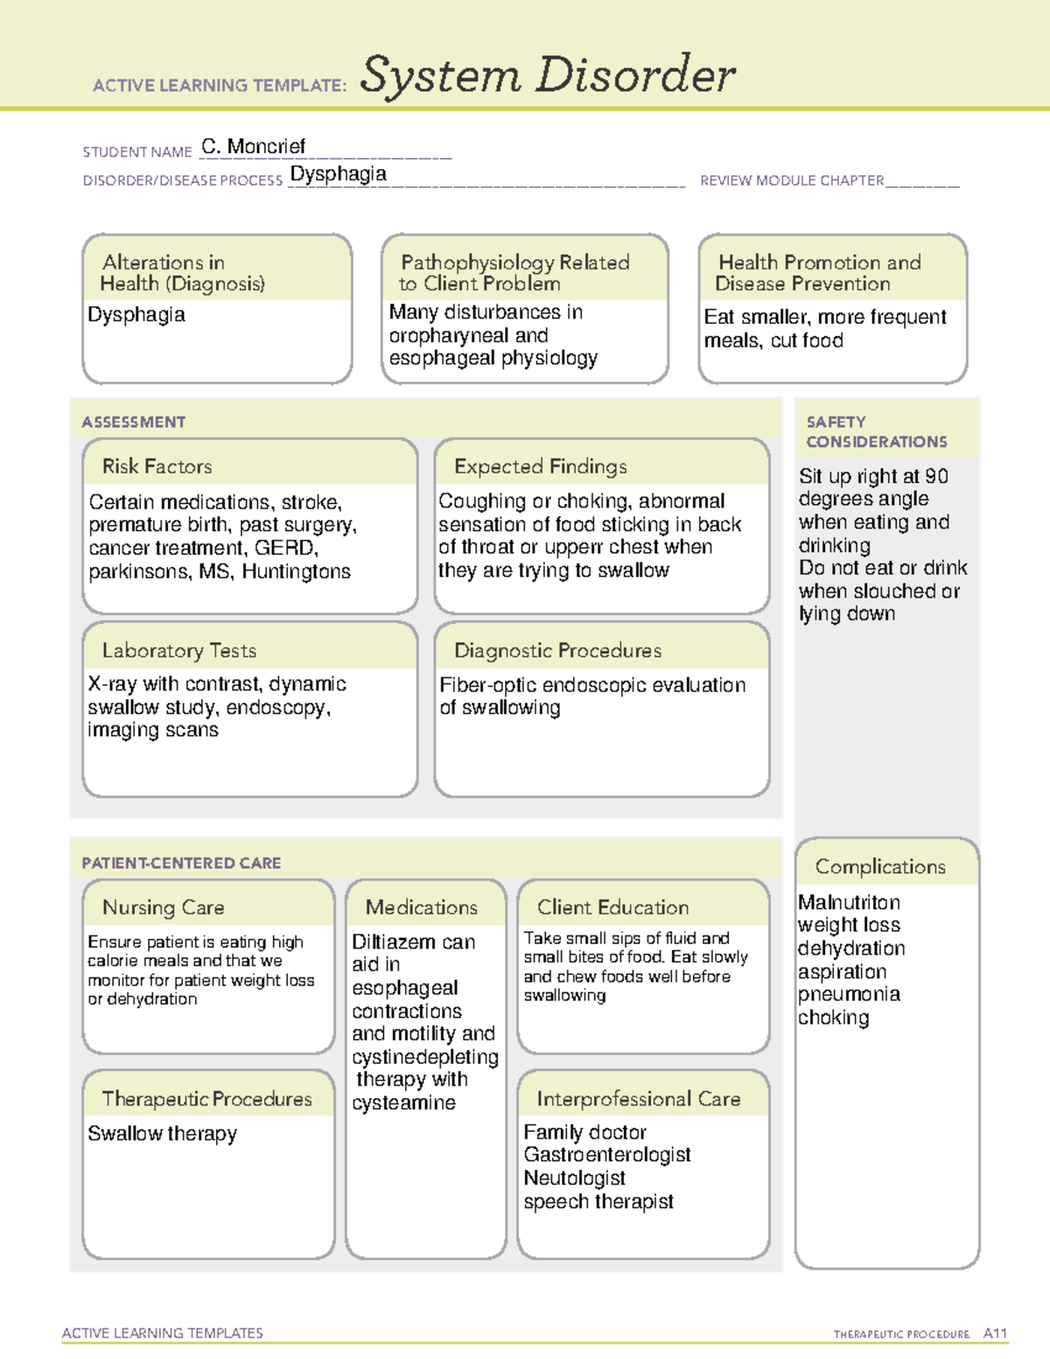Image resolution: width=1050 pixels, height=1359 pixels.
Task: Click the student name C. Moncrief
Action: (253, 146)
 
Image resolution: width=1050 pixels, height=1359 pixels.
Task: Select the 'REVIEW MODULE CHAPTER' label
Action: (792, 180)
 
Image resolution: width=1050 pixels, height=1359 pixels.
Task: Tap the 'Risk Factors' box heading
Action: (157, 466)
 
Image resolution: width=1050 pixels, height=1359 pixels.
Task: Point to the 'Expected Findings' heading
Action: (540, 466)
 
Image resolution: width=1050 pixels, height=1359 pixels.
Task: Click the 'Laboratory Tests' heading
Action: (178, 650)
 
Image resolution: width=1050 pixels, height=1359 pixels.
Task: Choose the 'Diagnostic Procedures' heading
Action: (557, 650)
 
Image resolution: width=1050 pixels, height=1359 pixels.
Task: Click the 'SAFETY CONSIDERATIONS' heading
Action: (876, 431)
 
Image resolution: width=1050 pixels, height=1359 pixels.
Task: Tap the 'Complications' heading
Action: (880, 866)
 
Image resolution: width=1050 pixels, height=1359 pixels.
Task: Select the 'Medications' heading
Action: (421, 907)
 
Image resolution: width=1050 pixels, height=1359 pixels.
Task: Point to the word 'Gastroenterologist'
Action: (607, 1155)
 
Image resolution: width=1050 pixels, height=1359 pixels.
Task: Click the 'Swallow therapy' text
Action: (163, 1133)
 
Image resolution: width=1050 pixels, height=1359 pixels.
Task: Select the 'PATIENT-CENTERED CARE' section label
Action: (181, 863)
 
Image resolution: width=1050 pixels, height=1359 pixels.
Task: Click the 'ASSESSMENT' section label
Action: (133, 422)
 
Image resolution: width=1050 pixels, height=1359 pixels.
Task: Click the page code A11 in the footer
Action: (995, 1334)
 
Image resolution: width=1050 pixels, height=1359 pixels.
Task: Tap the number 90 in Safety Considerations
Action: (936, 476)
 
